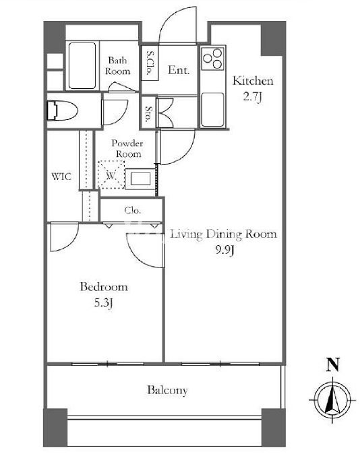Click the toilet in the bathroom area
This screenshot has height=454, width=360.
[x=62, y=110]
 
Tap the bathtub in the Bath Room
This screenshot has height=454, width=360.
[x=82, y=66]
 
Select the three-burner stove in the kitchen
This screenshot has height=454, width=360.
[x=213, y=58]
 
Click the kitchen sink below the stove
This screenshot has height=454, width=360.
[x=213, y=109]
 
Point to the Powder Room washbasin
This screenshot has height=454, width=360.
[x=141, y=179]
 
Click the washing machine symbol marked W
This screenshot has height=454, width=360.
[x=111, y=175]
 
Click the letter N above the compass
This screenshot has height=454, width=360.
[x=333, y=364]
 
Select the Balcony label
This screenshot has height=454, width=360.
[x=167, y=390]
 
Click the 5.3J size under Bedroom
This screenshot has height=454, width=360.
[x=103, y=303]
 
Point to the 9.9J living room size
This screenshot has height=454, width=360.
[x=224, y=250]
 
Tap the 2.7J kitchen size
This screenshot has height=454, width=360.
[x=253, y=97]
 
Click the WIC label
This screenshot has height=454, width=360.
[x=61, y=176]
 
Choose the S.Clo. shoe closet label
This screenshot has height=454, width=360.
[x=150, y=63]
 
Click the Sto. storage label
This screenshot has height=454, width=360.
[x=149, y=114]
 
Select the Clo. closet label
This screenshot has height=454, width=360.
[x=133, y=210]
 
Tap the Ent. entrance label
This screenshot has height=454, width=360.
[x=179, y=70]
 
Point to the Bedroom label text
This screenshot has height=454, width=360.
[x=104, y=287]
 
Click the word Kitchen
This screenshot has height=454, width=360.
[x=253, y=81]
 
